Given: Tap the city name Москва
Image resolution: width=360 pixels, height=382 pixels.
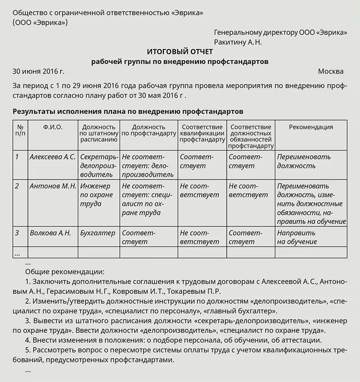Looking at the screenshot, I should pos(330,72).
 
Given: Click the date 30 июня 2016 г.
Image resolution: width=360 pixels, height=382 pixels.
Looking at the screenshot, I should pos(39,72).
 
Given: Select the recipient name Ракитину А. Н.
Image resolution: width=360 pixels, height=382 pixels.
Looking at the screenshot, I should pos(238,42).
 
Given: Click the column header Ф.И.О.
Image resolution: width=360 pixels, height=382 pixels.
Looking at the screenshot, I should pos(53,127).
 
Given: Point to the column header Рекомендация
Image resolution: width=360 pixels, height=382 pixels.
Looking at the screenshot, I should pos(310,127).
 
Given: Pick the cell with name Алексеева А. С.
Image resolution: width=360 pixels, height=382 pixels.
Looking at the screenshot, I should pos(53,157).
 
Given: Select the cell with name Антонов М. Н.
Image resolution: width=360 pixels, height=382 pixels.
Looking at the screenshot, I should pos(53,186).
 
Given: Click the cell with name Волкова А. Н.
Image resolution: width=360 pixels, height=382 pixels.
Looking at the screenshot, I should pos(50,233).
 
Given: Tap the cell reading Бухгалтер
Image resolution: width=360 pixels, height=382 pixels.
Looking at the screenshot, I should pos(98,233).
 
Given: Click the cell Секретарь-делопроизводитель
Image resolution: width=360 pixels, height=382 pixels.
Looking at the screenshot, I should pos(99,162).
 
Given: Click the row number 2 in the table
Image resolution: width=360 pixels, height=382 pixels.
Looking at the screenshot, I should pos(17,186).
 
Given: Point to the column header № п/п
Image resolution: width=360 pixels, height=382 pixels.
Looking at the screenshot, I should pos(21,130).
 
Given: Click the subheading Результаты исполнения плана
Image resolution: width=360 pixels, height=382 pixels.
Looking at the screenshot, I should pos(128,111).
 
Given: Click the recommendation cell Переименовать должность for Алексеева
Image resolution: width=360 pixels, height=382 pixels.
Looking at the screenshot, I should pos(304,162).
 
